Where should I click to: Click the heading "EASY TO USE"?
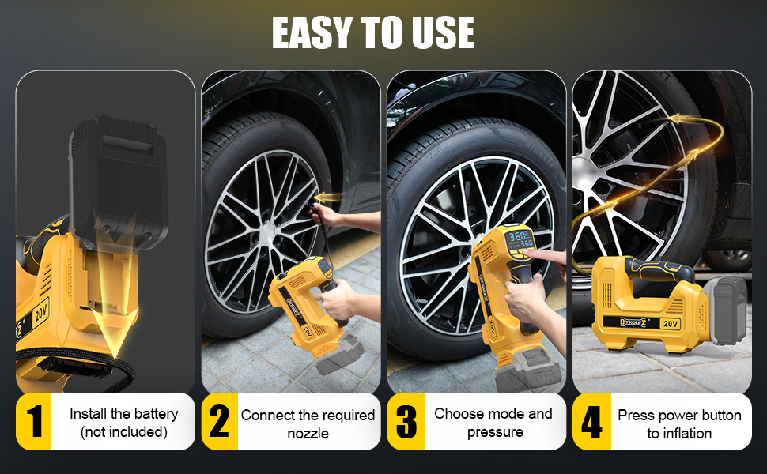pyautogui.click(x=373, y=32)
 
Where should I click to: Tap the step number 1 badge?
pyautogui.click(x=34, y=422)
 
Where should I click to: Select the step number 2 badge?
pyautogui.click(x=219, y=422)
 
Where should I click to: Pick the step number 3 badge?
pyautogui.click(x=405, y=422)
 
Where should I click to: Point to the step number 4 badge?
pyautogui.click(x=591, y=422)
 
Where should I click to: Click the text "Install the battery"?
pyautogui.click(x=123, y=414)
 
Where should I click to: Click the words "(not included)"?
pyautogui.click(x=123, y=432)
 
